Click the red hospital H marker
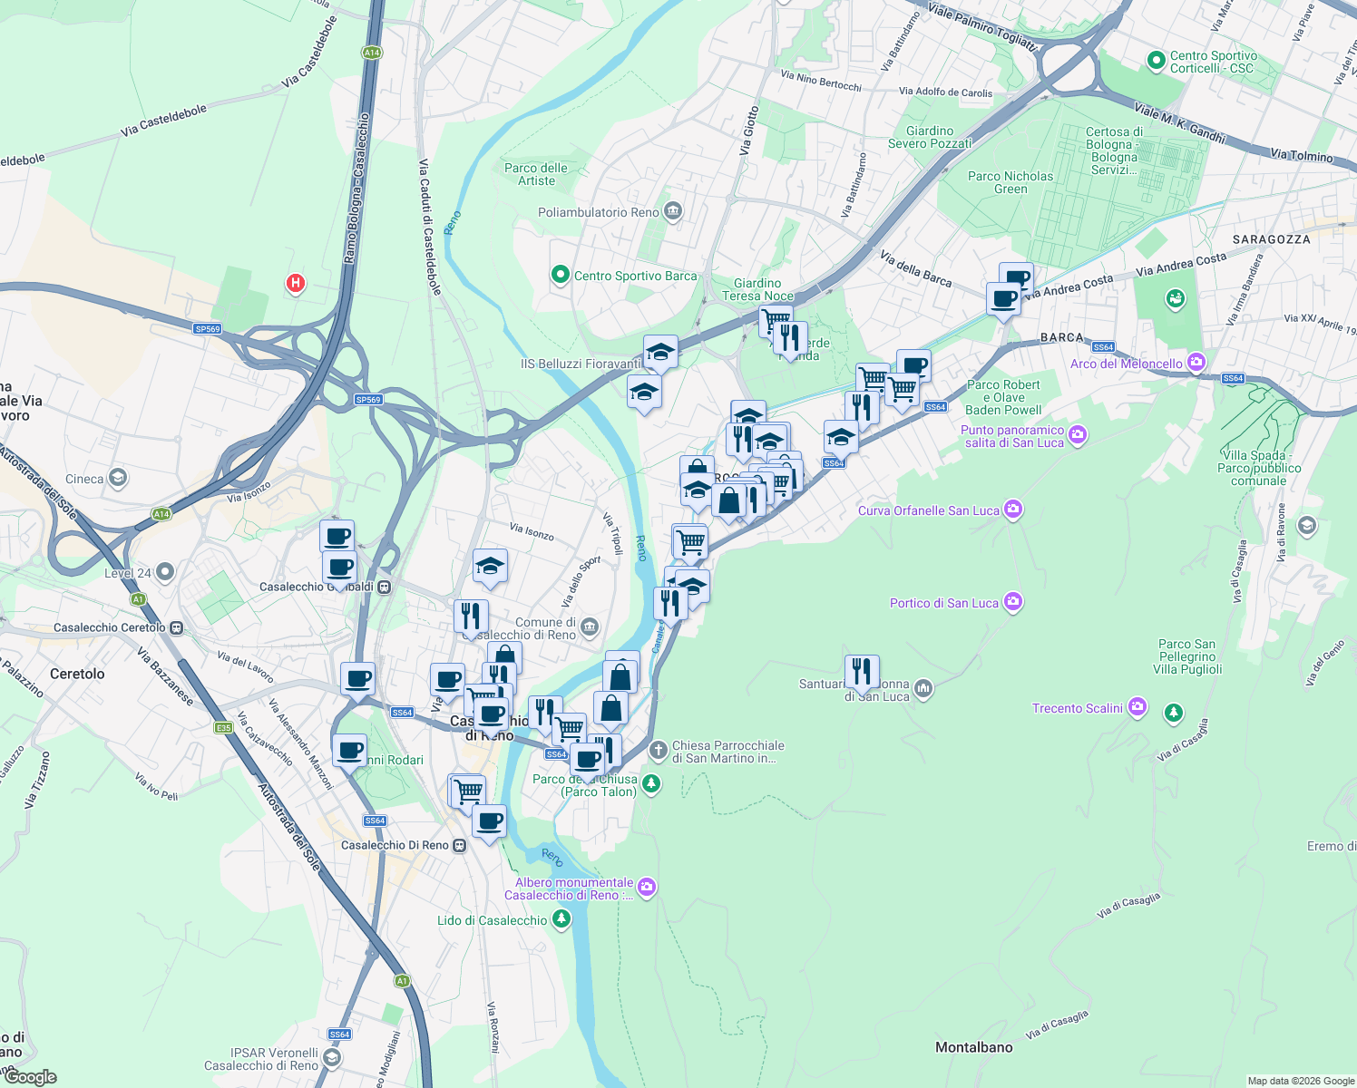(x=295, y=284)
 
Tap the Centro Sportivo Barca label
(x=635, y=276)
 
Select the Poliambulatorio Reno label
(x=599, y=212)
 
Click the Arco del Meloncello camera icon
(x=1196, y=364)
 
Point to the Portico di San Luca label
(x=944, y=603)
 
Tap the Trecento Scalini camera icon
(x=1137, y=707)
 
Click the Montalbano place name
(x=973, y=1047)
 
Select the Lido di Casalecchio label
(x=493, y=920)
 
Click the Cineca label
(x=84, y=479)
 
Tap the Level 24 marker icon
(x=164, y=572)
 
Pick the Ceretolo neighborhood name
(x=77, y=674)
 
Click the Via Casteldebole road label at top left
(x=163, y=121)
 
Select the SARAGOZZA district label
(x=1271, y=239)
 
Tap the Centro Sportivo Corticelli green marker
(x=1156, y=61)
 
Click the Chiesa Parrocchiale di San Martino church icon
(x=659, y=751)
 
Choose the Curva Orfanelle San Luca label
(x=929, y=510)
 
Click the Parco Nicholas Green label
(x=1010, y=182)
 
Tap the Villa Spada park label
(x=1258, y=468)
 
